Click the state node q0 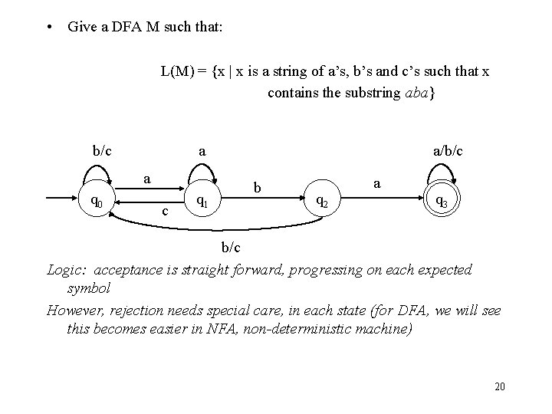click(x=97, y=202)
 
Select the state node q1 click(x=202, y=202)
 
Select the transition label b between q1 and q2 click(x=259, y=188)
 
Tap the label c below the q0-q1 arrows click(x=164, y=211)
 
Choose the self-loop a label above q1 click(x=202, y=153)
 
